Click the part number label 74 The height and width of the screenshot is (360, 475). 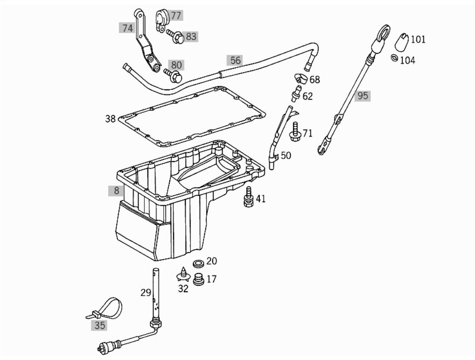tap(127, 28)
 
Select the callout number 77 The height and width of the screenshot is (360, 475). tap(176, 15)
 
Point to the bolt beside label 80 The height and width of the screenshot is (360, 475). tap(173, 75)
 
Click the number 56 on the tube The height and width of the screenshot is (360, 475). tap(235, 60)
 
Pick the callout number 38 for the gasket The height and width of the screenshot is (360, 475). tap(111, 118)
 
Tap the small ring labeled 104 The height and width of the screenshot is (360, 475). tap(394, 57)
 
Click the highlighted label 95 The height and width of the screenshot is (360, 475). tap(363, 96)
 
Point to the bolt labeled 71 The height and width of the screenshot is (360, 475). tap(294, 132)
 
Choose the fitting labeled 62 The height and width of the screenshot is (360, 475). tap(295, 94)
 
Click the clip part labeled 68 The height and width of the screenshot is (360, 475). tap(301, 78)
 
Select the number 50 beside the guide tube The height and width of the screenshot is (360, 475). tap(286, 156)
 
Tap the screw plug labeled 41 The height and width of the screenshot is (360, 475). tap(248, 197)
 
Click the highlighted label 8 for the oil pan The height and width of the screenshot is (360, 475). tap(117, 191)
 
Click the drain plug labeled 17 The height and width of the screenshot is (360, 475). tap(199, 279)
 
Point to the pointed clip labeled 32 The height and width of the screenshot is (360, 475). tap(183, 274)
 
